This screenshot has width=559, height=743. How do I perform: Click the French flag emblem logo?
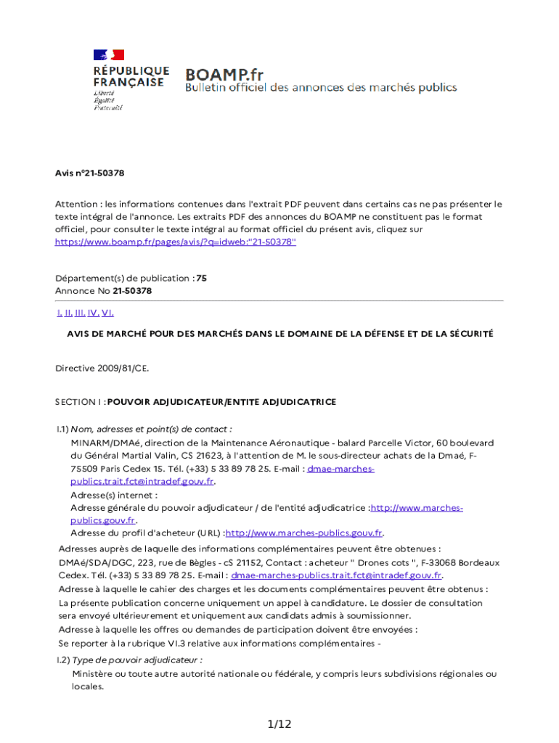tap(108, 55)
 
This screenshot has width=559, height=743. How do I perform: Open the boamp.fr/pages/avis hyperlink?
tap(176, 242)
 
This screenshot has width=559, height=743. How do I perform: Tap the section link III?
tap(80, 313)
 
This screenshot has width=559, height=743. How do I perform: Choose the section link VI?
tap(107, 313)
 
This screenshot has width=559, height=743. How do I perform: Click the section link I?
tap(59, 313)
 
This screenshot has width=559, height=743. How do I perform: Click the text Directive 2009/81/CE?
tap(102, 368)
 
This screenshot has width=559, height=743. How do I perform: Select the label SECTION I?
tap(79, 401)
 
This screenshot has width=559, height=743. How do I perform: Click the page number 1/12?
tap(279, 724)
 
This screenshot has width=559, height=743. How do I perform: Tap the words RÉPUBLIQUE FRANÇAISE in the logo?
tap(131, 76)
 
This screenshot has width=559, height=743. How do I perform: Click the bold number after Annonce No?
tap(132, 291)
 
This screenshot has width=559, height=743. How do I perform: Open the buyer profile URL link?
tap(304, 533)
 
